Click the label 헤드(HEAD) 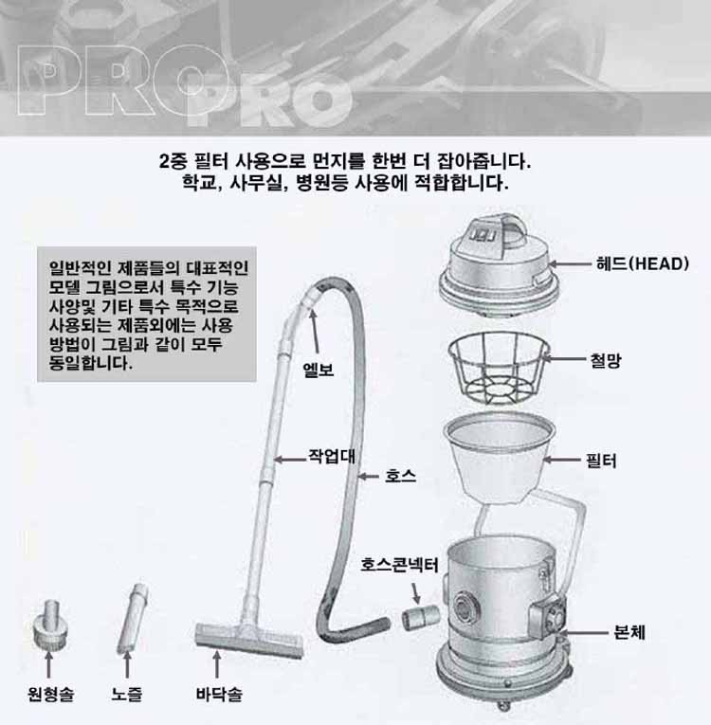[643, 264]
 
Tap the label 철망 [606, 360]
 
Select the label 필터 [601, 461]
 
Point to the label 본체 [629, 631]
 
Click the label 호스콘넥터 [399, 565]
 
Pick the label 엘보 [318, 370]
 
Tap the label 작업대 [332, 457]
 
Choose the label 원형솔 [50, 694]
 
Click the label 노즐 [127, 694]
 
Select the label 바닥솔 [219, 694]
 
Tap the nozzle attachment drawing [134, 619]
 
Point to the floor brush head [249, 641]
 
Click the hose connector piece [420, 618]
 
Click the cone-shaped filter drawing [500, 458]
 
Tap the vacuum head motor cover [499, 266]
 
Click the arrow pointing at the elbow [315, 332]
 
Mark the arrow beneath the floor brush [216, 665]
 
